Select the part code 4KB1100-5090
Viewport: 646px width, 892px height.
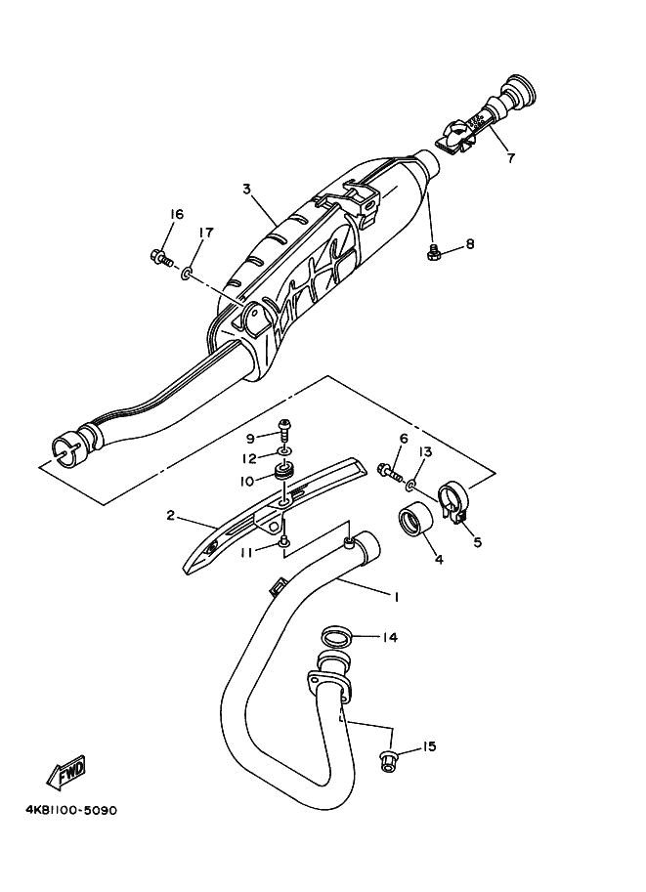pyautogui.click(x=65, y=811)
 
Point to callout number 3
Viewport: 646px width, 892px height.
pyautogui.click(x=247, y=188)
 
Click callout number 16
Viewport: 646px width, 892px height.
pyautogui.click(x=176, y=215)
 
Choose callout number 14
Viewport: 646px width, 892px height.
pyautogui.click(x=389, y=638)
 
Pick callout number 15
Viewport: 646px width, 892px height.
pyautogui.click(x=429, y=747)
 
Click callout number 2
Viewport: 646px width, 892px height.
pyautogui.click(x=170, y=515)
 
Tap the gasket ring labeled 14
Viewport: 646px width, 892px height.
pyautogui.click(x=335, y=636)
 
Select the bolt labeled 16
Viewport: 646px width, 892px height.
pyautogui.click(x=159, y=258)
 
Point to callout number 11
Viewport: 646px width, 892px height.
pyautogui.click(x=249, y=552)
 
